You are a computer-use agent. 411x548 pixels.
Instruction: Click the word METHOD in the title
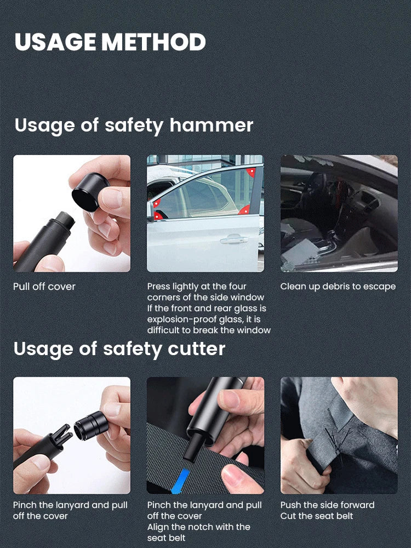click(x=153, y=42)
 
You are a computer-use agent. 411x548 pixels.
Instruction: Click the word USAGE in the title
click(x=55, y=42)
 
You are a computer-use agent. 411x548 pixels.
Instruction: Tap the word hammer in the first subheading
click(x=211, y=125)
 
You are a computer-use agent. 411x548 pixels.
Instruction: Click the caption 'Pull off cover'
click(x=44, y=287)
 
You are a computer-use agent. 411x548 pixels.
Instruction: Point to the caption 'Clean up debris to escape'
click(x=338, y=287)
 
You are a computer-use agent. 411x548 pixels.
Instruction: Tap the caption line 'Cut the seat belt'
click(x=317, y=516)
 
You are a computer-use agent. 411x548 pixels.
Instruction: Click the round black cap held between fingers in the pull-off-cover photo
click(x=90, y=192)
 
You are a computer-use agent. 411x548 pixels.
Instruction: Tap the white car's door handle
click(x=234, y=240)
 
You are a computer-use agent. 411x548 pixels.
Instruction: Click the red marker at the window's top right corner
click(x=251, y=172)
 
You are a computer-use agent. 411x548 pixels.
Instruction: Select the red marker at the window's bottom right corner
click(x=244, y=210)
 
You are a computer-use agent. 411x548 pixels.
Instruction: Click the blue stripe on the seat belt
click(x=181, y=481)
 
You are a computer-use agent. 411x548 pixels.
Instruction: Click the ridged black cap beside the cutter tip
click(x=90, y=426)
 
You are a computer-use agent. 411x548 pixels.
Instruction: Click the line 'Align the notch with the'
click(x=198, y=527)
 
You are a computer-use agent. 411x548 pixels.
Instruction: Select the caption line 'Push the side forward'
click(x=327, y=505)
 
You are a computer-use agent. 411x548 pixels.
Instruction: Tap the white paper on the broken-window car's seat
click(x=299, y=252)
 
